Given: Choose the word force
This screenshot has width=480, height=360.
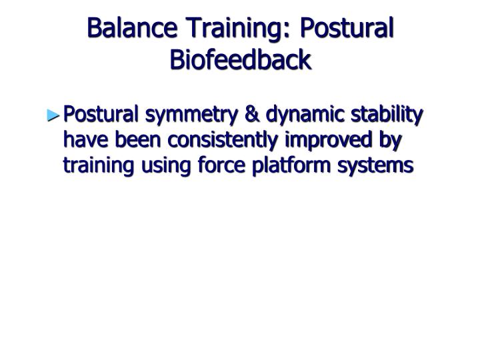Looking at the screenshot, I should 213,164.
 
